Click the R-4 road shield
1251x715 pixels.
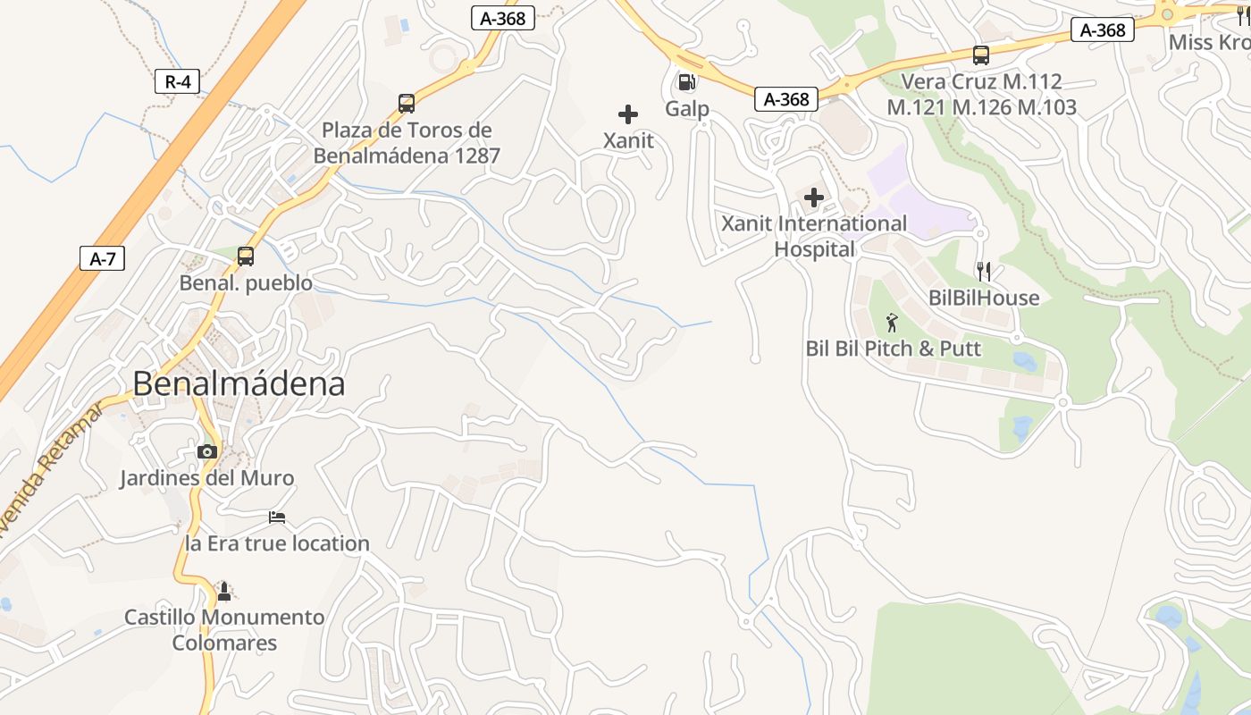click(177, 82)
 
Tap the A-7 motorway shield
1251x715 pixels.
click(103, 259)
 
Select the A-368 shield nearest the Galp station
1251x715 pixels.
click(786, 99)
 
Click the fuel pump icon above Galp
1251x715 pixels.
click(686, 82)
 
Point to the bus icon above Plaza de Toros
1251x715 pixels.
click(407, 104)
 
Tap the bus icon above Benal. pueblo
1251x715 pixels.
click(246, 257)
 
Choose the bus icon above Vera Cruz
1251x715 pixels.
click(980, 55)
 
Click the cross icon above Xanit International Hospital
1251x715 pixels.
click(814, 198)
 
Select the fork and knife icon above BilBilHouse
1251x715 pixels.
click(984, 272)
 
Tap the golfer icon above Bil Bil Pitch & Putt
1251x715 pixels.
click(892, 323)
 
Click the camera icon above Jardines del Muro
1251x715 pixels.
click(207, 451)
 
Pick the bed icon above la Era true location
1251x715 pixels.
click(277, 517)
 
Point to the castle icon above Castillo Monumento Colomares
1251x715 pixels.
click(224, 591)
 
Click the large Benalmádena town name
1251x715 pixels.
click(239, 383)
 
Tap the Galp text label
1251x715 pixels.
click(687, 109)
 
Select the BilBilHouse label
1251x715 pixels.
click(984, 298)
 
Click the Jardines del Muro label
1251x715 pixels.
click(206, 478)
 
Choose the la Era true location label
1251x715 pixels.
click(277, 543)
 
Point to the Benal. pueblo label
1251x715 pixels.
click(246, 283)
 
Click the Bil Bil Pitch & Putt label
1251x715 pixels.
click(893, 349)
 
